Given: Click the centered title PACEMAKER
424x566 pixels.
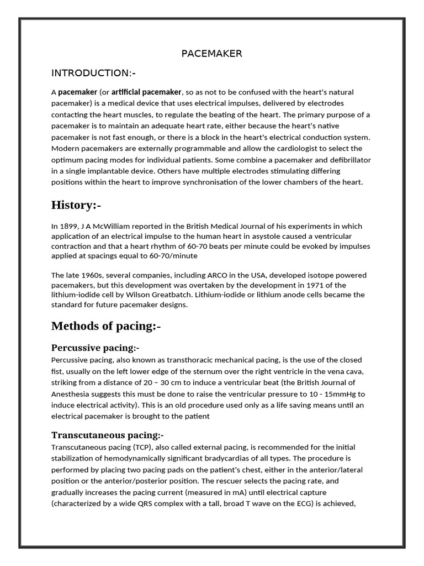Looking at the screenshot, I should click(212, 54).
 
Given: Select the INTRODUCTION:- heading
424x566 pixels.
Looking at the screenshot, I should click(93, 73).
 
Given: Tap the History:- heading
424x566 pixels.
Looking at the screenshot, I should click(76, 205).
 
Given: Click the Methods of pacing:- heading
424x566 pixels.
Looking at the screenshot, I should click(106, 326).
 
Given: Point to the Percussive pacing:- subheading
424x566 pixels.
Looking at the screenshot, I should click(95, 348).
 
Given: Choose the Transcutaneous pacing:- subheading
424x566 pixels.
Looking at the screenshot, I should click(108, 434).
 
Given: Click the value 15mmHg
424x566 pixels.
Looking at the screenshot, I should click(348, 394).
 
